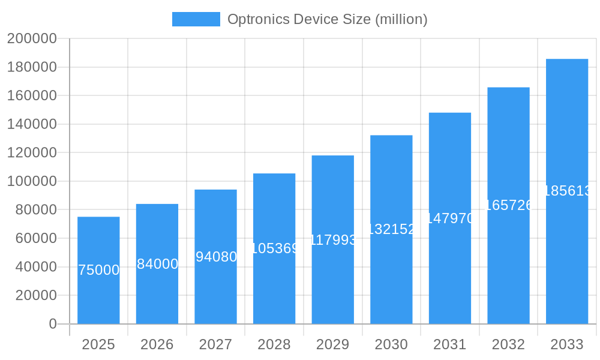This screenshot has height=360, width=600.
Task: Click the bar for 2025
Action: pyautogui.click(x=98, y=270)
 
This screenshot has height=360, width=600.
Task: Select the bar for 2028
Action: pyautogui.click(x=274, y=248)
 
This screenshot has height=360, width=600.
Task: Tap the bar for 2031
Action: pyautogui.click(x=450, y=218)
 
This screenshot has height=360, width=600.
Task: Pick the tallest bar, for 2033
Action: pyautogui.click(x=567, y=191)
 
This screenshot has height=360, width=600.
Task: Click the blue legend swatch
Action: pyautogui.click(x=196, y=19)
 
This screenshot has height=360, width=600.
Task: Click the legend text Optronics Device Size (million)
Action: pyautogui.click(x=327, y=19)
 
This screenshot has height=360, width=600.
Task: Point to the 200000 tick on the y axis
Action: pyautogui.click(x=32, y=38)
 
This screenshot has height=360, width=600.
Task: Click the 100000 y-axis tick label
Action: pyautogui.click(x=32, y=181)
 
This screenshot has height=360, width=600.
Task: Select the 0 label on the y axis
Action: pyautogui.click(x=53, y=324)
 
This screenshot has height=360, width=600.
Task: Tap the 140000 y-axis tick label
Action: pyautogui.click(x=32, y=124)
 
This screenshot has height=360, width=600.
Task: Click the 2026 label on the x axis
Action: pyautogui.click(x=157, y=344)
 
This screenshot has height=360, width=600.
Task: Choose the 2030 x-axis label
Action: pyautogui.click(x=391, y=344)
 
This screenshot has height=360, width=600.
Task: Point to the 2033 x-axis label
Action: pyautogui.click(x=567, y=344)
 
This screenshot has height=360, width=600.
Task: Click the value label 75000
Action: pyautogui.click(x=99, y=270)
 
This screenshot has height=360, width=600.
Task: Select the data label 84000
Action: pyautogui.click(x=157, y=264)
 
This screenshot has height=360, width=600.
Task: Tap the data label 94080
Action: pyautogui.click(x=216, y=257)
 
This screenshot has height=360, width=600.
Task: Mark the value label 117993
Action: pyautogui.click(x=333, y=240)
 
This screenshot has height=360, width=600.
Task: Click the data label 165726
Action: pyautogui.click(x=508, y=205)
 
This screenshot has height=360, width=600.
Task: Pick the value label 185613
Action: pyautogui.click(x=567, y=191)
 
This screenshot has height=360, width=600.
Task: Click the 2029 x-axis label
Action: pyautogui.click(x=333, y=344)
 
